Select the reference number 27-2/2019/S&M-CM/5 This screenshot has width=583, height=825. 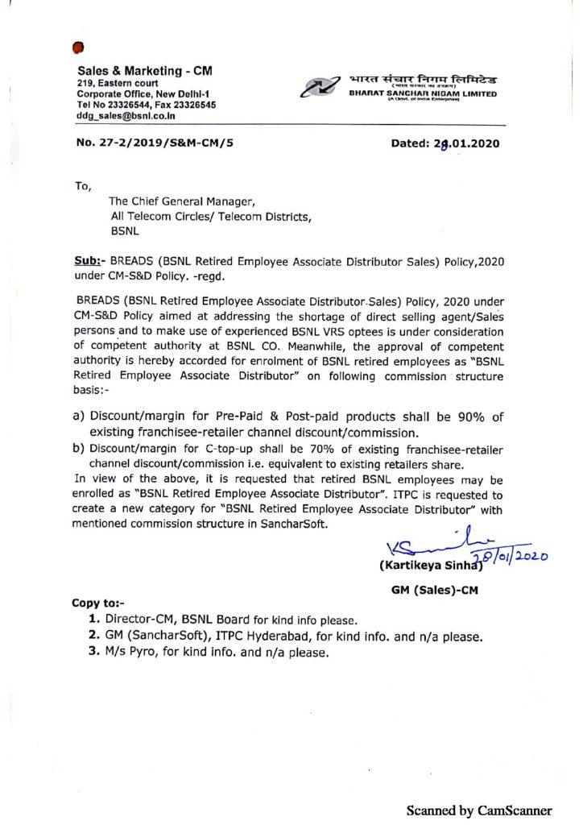pyautogui.click(x=155, y=145)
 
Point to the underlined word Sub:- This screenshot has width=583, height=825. pyautogui.click(x=87, y=263)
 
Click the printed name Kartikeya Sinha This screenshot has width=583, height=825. pyautogui.click(x=429, y=564)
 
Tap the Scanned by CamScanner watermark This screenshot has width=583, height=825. pyautogui.click(x=479, y=810)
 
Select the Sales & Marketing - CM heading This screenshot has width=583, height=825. pyautogui.click(x=145, y=71)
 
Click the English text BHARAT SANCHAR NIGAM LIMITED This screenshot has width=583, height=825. pyautogui.click(x=423, y=93)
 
